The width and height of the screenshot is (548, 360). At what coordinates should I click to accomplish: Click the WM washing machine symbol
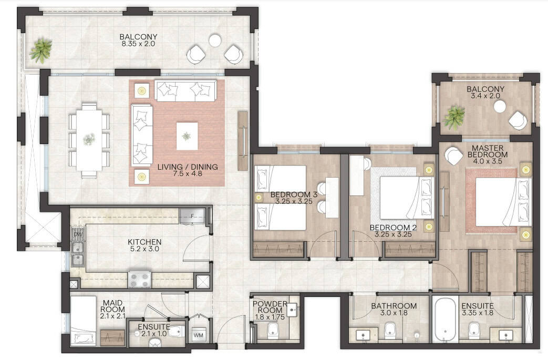pyautogui.click(x=198, y=335)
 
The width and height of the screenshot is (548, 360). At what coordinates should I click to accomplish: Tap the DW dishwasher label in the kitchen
pyautogui.click(x=78, y=234)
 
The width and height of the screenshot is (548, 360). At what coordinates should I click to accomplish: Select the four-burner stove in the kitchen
pyautogui.click(x=140, y=280)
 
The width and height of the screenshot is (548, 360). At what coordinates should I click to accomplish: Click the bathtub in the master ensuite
pyautogui.click(x=445, y=320)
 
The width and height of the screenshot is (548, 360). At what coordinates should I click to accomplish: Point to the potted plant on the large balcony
pyautogui.click(x=41, y=50)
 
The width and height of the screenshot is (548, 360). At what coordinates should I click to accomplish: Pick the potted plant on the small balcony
pyautogui.click(x=454, y=117)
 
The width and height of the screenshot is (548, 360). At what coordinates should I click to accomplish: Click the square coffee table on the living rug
pyautogui.click(x=187, y=136)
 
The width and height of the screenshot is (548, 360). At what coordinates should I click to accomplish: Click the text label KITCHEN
pyautogui.click(x=144, y=242)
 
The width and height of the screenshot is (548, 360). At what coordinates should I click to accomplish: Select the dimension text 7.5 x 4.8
pyautogui.click(x=188, y=173)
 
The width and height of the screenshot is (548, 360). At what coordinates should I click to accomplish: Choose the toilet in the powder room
pyautogui.click(x=272, y=330)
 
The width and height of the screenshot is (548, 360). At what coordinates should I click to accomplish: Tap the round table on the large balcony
pyautogui.click(x=214, y=41)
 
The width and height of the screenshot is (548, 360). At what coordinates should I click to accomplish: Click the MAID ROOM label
pyautogui.click(x=112, y=306)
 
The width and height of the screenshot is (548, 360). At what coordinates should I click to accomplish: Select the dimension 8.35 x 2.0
pyautogui.click(x=138, y=44)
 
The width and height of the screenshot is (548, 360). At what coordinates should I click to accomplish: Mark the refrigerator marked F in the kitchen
pyautogui.click(x=192, y=216)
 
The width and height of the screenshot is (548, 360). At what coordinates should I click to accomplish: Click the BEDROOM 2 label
pyautogui.click(x=393, y=228)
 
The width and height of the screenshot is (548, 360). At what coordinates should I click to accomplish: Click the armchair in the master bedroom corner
pyautogui.click(x=453, y=156)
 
